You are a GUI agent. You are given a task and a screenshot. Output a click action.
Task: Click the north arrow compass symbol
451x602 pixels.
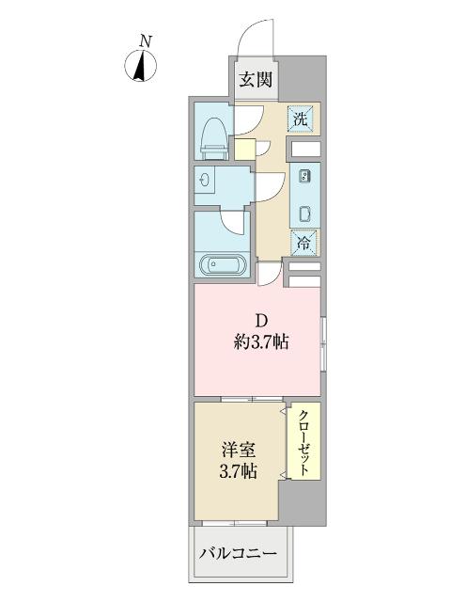(x=142, y=65)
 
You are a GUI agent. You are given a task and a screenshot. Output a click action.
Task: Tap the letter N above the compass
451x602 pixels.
(x=144, y=40)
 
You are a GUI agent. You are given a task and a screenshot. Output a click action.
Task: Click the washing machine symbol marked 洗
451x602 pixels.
(x=303, y=119)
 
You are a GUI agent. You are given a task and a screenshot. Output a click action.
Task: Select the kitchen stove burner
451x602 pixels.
(x=305, y=176)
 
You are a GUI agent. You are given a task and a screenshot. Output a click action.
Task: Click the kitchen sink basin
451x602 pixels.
(x=305, y=213)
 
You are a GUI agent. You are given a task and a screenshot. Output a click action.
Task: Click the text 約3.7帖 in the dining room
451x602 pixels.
(x=260, y=343)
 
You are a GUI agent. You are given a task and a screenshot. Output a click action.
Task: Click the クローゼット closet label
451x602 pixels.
(x=305, y=442)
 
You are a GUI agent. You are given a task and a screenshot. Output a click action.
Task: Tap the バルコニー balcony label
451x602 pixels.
(x=238, y=554)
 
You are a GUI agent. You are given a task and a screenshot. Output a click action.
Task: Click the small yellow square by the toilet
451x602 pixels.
(x=244, y=148)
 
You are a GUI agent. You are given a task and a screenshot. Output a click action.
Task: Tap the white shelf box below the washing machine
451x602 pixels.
(x=305, y=148)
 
